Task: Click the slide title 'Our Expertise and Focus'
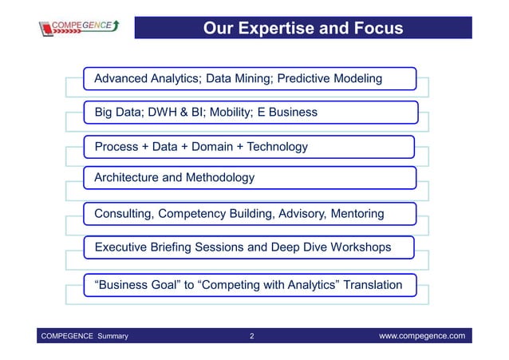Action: [302, 30]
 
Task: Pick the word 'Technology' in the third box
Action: [277, 147]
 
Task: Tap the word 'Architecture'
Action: [126, 177]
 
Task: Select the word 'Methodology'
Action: [219, 177]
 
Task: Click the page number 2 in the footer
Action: [252, 336]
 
